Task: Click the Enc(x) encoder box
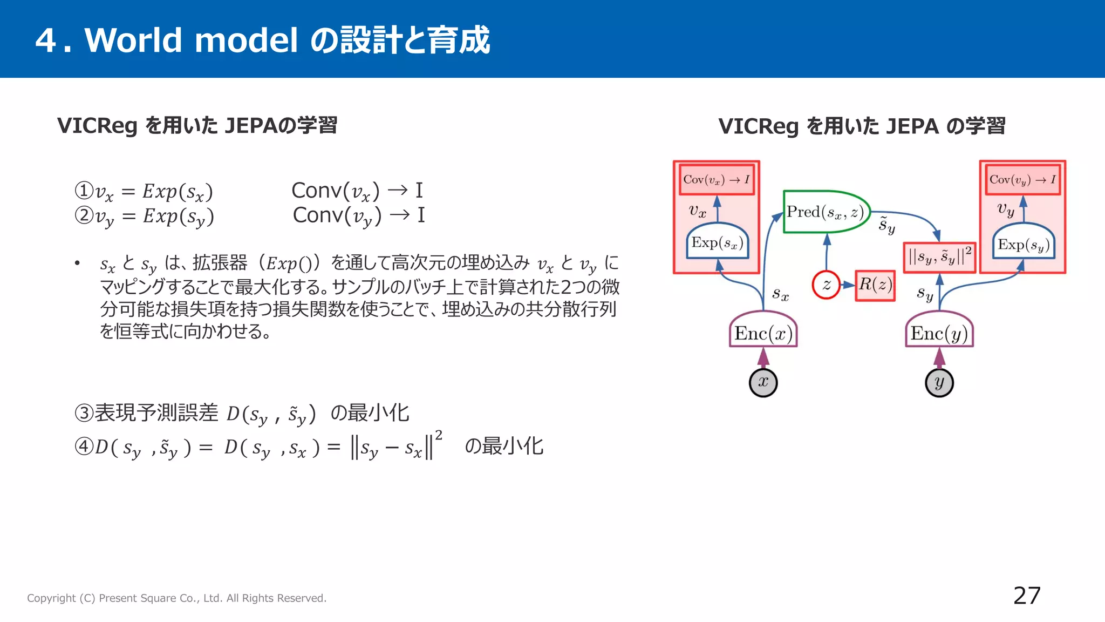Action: (x=763, y=333)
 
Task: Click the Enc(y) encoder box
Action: (x=939, y=333)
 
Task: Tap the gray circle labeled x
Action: (x=763, y=382)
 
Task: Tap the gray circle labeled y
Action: (x=939, y=382)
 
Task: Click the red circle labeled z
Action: (x=826, y=285)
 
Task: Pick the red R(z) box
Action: (x=875, y=285)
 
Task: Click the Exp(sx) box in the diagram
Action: (x=717, y=243)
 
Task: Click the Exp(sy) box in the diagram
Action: (x=1024, y=245)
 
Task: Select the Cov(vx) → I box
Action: (x=716, y=180)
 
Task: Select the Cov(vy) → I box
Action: (x=1022, y=180)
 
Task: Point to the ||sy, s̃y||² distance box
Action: (x=939, y=256)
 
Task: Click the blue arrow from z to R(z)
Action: (x=848, y=285)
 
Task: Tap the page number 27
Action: (x=1027, y=596)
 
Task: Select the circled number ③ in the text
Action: (x=84, y=413)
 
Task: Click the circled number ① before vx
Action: (x=84, y=191)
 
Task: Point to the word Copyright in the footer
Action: (x=51, y=598)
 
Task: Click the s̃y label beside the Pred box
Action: (x=886, y=224)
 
